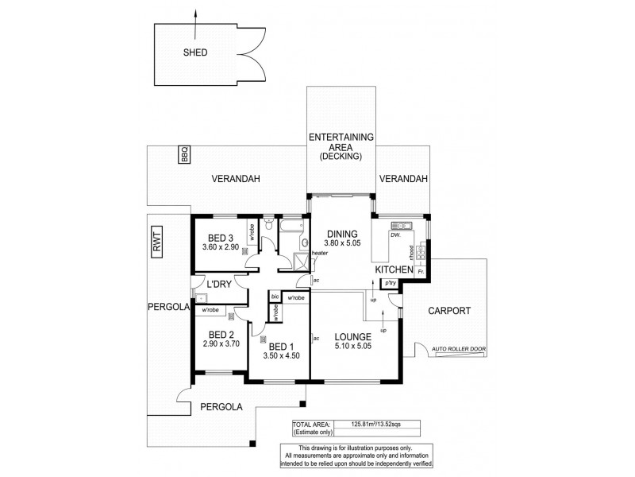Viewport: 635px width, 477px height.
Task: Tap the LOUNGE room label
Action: click(352, 336)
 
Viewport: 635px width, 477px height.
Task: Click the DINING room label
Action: click(342, 234)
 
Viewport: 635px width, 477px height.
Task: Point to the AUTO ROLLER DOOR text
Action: click(459, 349)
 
